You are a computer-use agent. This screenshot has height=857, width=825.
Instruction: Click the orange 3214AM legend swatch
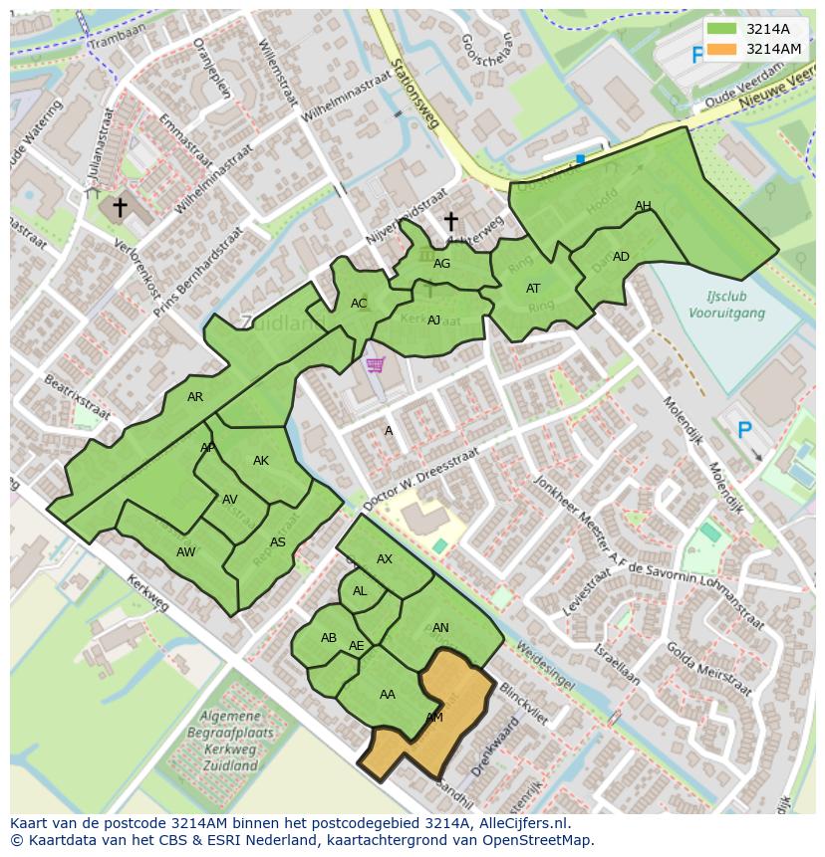coord(723,49)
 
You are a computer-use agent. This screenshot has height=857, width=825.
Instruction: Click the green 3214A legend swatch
coord(723,29)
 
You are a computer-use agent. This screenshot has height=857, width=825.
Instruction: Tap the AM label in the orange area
coord(434,717)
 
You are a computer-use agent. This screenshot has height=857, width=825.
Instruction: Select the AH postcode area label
coord(643,206)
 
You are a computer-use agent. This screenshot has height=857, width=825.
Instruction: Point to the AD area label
coord(621,257)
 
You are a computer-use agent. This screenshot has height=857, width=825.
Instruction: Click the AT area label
coord(533,289)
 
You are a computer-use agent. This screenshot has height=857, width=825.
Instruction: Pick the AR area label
coord(195,397)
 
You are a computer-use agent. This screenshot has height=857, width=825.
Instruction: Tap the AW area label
coord(185,552)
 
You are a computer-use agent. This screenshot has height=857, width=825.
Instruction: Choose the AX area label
coord(385,559)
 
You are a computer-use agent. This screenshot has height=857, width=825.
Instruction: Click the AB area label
coord(329,638)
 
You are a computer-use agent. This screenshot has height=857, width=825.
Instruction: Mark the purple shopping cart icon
coord(375,365)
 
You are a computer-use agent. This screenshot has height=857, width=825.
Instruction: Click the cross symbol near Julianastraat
coord(120,207)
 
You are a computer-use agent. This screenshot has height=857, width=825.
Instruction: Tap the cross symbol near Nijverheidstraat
coord(450,221)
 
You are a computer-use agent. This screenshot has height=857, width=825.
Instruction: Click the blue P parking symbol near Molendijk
coord(743,431)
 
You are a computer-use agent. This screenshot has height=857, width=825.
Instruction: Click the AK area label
coord(261,461)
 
